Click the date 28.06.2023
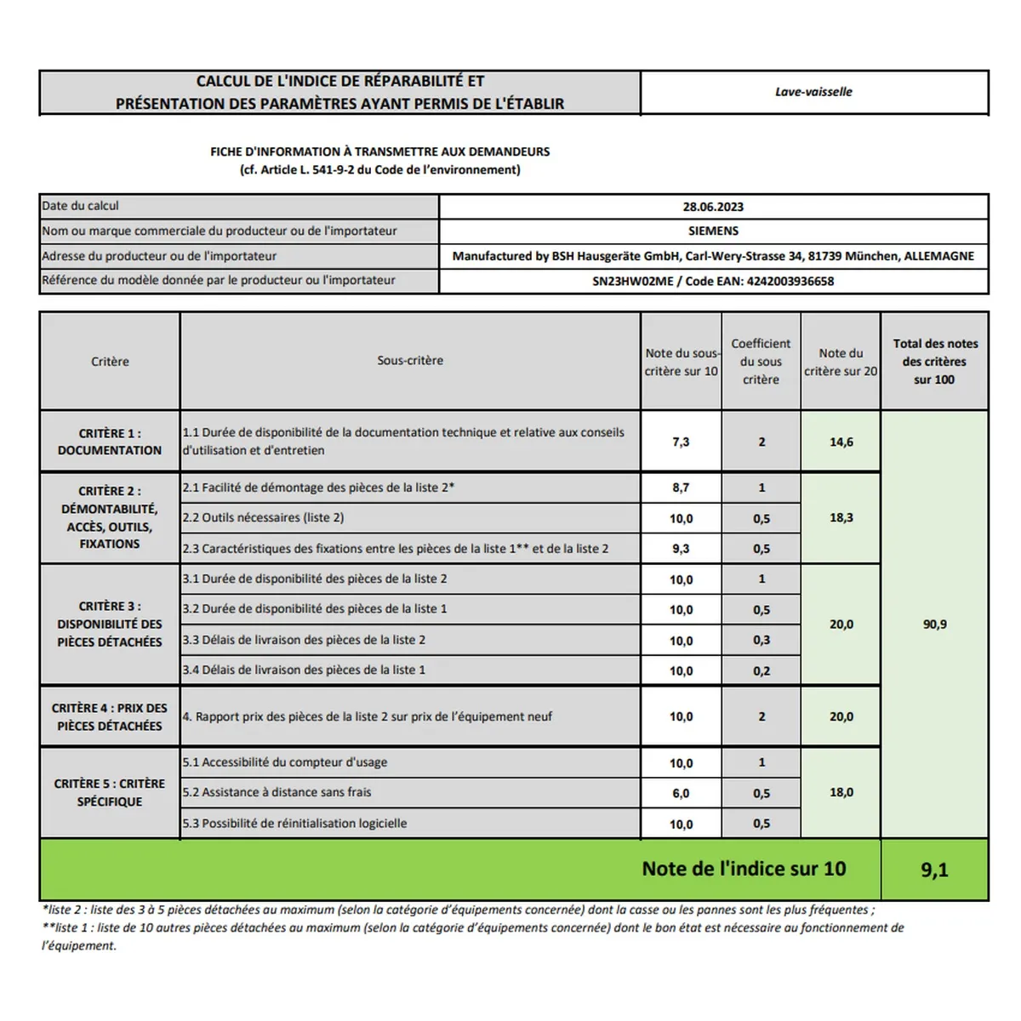[x=713, y=207]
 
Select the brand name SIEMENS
[x=713, y=231]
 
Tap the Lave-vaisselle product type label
[x=813, y=92]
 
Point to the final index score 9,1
[x=934, y=870]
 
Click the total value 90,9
[x=934, y=625]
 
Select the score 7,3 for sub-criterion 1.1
[x=681, y=442]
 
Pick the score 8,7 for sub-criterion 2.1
[x=681, y=488]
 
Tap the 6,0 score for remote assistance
[x=681, y=793]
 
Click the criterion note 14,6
[x=841, y=442]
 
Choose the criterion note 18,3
[x=841, y=517]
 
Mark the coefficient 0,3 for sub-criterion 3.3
[x=761, y=640]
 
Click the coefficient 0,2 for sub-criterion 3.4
[x=761, y=670]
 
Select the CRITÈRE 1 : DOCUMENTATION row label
[x=110, y=442]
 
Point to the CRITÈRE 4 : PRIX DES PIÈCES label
[x=110, y=716]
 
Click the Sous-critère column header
[x=410, y=361]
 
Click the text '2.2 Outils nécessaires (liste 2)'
[x=264, y=517]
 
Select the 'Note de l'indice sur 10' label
[x=744, y=869]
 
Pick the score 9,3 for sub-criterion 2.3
[x=681, y=549]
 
